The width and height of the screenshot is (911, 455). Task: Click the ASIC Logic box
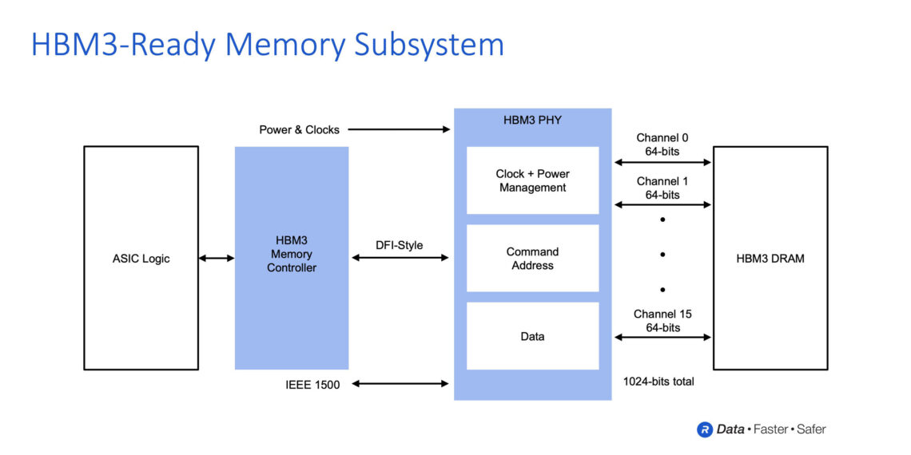pos(141,258)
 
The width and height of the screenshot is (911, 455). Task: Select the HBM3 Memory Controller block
pos(291,258)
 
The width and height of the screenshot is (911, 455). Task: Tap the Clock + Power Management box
pos(532,180)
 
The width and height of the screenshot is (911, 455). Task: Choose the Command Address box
pos(532,258)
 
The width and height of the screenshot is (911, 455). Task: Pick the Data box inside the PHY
pos(532,336)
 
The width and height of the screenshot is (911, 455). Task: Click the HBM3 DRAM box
pos(770,258)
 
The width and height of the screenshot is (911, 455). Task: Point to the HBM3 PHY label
pos(532,121)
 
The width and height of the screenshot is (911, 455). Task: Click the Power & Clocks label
pos(299,129)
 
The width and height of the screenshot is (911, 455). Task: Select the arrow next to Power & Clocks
pos(399,129)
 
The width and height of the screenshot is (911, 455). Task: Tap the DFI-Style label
pos(400,245)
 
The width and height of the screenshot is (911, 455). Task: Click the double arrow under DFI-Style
pos(400,258)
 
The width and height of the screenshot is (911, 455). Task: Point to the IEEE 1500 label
pos(312,385)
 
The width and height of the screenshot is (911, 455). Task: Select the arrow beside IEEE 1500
pos(400,384)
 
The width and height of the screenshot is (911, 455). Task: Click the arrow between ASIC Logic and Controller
pos(217,258)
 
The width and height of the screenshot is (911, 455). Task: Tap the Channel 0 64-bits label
pos(662,144)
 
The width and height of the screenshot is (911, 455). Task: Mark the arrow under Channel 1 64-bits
pos(662,204)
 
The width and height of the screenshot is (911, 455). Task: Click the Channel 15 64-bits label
pos(662,321)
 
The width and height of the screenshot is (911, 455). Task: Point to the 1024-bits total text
pos(658,382)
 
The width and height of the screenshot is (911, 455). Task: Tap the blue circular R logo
pos(705,429)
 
